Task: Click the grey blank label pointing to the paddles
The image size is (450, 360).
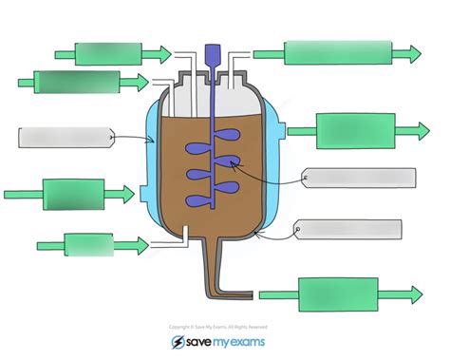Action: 360,178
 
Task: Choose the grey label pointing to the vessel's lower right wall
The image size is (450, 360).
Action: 348,229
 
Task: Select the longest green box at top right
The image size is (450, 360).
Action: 338,53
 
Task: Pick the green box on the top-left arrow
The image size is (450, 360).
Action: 108,54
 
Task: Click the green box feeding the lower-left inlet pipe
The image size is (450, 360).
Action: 88,245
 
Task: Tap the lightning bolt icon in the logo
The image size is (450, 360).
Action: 178,343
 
